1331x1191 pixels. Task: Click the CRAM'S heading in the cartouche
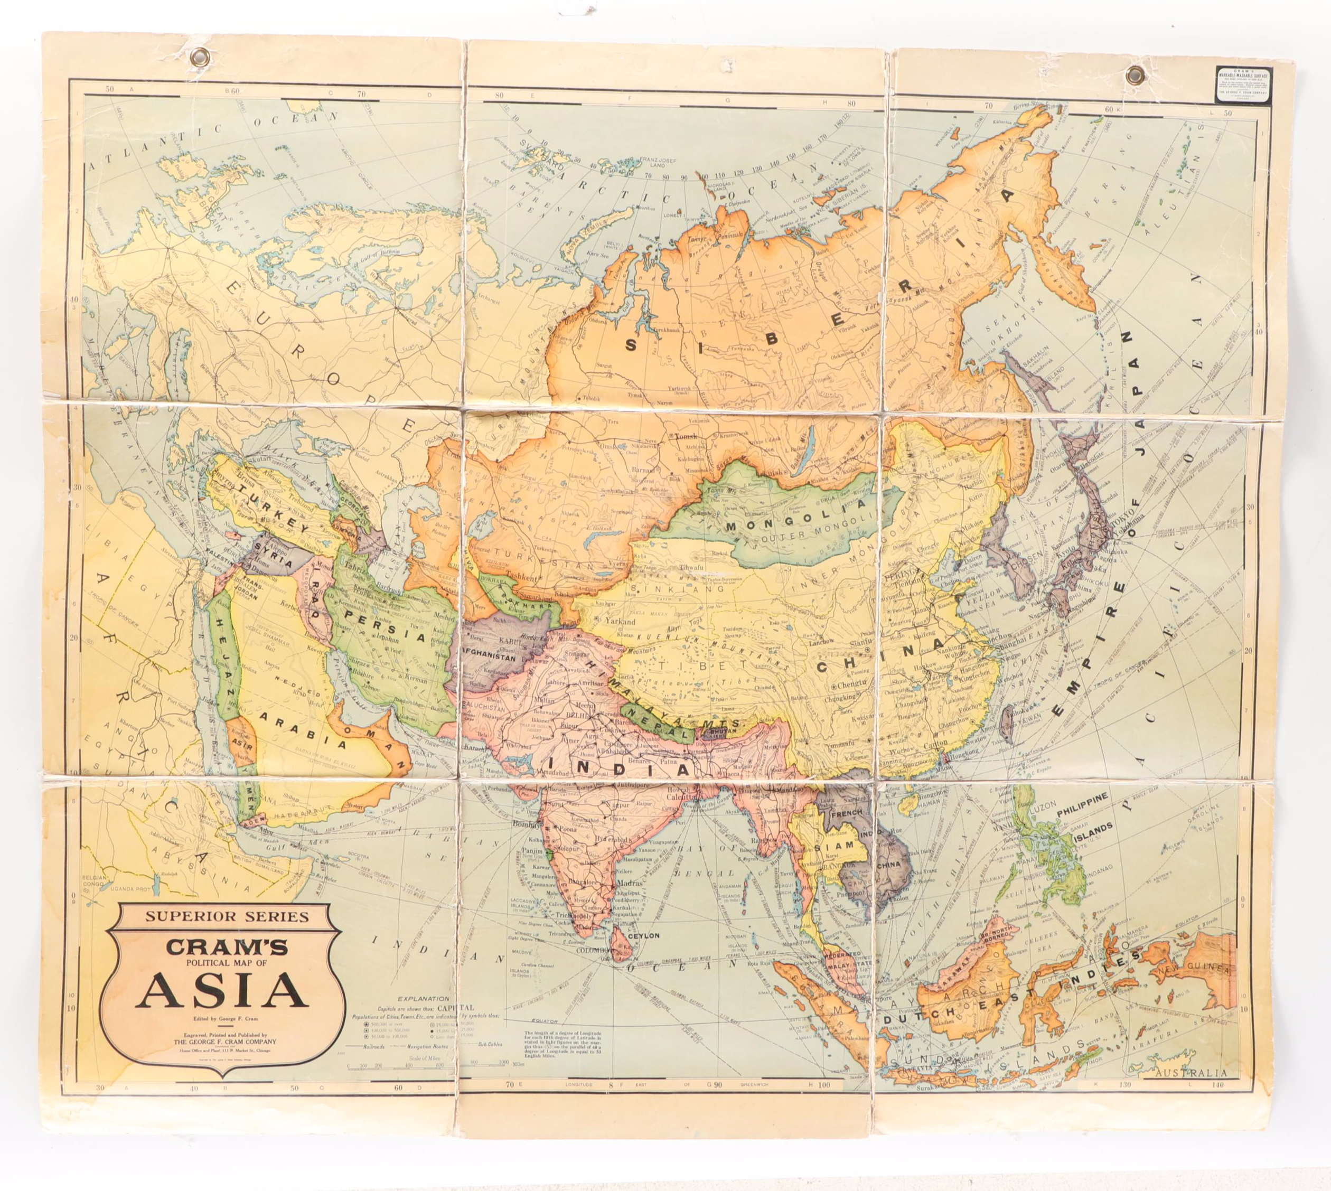pos(222,946)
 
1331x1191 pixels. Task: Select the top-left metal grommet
pos(196,61)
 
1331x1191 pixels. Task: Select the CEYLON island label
pos(643,936)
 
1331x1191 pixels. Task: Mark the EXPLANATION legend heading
pos(425,999)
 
